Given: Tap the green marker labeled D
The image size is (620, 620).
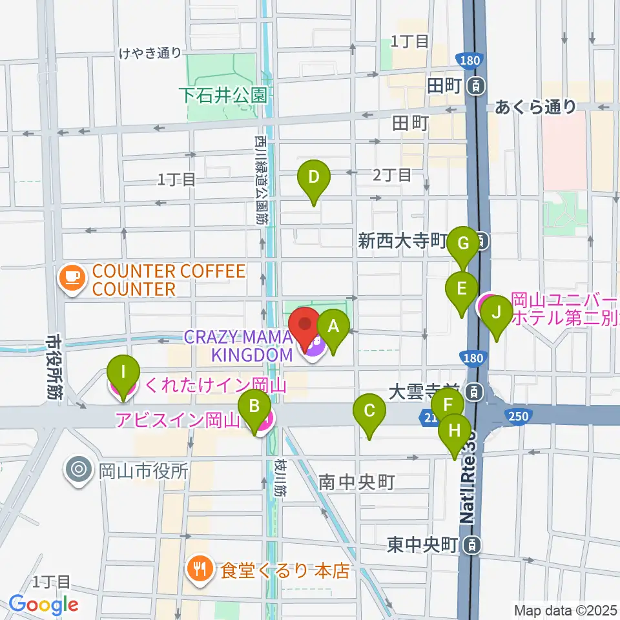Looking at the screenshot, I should tap(313, 177).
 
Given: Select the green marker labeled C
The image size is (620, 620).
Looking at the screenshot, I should tap(369, 411).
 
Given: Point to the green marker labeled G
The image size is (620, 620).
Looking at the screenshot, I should tap(462, 243).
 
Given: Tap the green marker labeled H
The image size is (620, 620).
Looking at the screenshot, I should tap(455, 430).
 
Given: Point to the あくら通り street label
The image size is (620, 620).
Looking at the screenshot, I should tap(535, 107).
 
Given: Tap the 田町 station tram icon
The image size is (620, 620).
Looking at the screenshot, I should tap(476, 85).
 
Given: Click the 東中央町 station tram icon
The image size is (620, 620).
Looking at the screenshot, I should tap(473, 546).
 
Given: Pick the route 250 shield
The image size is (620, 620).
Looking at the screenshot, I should tap(517, 417).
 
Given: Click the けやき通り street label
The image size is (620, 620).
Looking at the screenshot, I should tap(150, 54).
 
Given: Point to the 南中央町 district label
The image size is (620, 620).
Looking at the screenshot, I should tap(356, 482).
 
